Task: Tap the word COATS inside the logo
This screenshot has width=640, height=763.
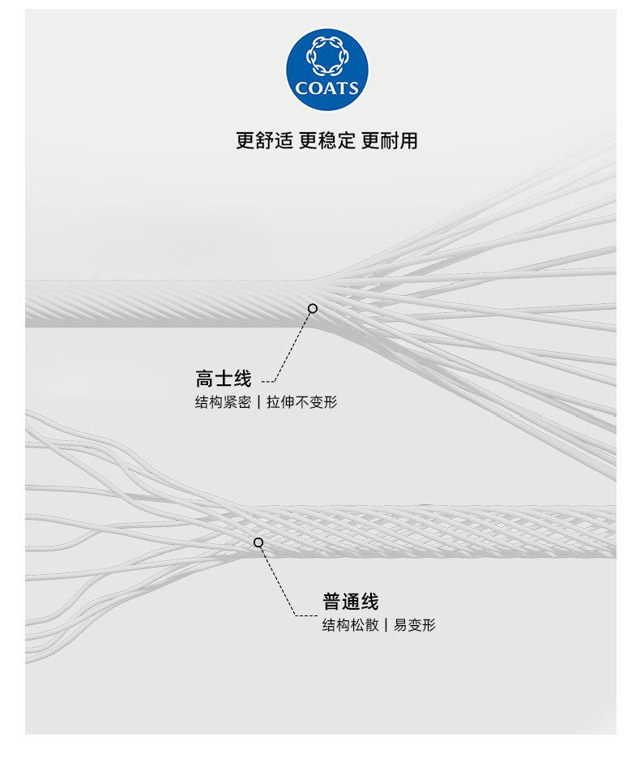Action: click(x=327, y=88)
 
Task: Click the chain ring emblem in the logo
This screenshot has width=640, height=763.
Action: click(x=327, y=57)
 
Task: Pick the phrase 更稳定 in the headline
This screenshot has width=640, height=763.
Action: click(x=327, y=140)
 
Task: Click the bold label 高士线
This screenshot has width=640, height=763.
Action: click(x=224, y=379)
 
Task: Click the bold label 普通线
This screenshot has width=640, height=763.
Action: click(x=351, y=602)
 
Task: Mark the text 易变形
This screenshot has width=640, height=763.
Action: click(x=415, y=625)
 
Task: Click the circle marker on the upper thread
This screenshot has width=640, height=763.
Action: click(x=313, y=308)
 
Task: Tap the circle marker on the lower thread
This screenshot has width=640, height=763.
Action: click(x=258, y=542)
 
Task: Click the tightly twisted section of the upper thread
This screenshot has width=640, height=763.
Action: click(x=162, y=303)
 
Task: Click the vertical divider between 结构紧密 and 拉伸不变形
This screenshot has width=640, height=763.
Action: click(x=258, y=402)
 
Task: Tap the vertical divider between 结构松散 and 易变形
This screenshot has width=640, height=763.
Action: click(x=386, y=625)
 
